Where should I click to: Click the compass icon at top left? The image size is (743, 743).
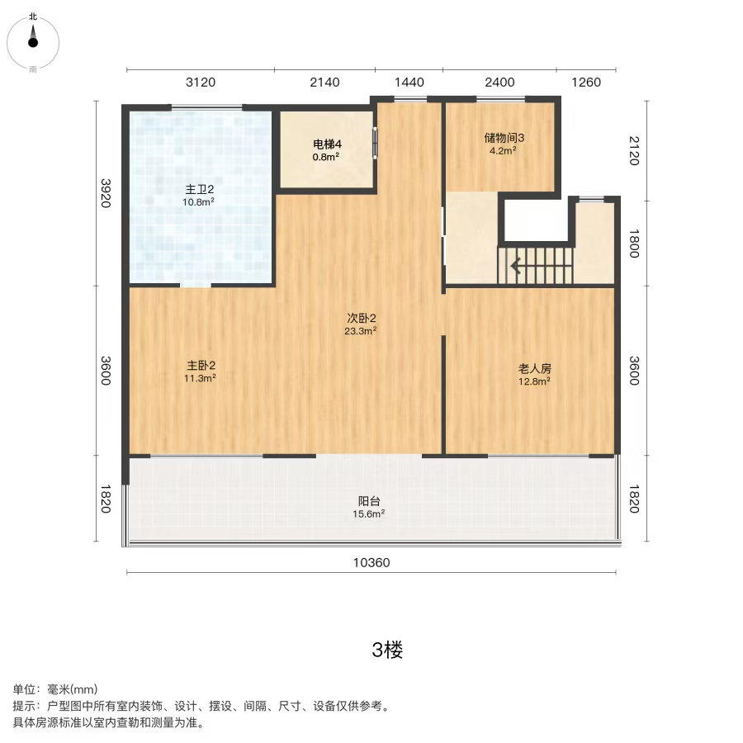pyautogui.click(x=33, y=43)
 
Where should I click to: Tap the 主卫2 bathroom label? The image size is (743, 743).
pyautogui.click(x=199, y=190)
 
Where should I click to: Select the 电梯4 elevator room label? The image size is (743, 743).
pyautogui.click(x=327, y=144)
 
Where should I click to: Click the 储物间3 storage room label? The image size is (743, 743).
pyautogui.click(x=504, y=138)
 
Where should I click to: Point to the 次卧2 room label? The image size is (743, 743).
pyautogui.click(x=361, y=318)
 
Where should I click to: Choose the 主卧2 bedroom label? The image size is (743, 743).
pyautogui.click(x=201, y=366)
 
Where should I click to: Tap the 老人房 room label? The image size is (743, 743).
pyautogui.click(x=534, y=369)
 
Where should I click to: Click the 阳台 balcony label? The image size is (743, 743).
pyautogui.click(x=369, y=501)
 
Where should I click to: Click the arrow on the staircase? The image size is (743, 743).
pyautogui.click(x=516, y=267)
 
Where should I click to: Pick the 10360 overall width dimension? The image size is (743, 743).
pyautogui.click(x=371, y=562)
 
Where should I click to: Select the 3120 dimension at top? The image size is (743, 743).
pyautogui.click(x=201, y=83)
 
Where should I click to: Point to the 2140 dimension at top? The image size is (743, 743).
pyautogui.click(x=324, y=83)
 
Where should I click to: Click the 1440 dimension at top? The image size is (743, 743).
pyautogui.click(x=409, y=83)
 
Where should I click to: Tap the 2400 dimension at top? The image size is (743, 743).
pyautogui.click(x=499, y=83)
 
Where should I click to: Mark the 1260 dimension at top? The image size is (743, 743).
pyautogui.click(x=586, y=83)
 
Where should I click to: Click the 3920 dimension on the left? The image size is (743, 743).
pyautogui.click(x=106, y=193)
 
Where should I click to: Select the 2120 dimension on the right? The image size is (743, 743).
pyautogui.click(x=634, y=151)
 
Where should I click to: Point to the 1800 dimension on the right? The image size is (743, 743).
pyautogui.click(x=634, y=244)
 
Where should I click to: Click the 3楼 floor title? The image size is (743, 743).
pyautogui.click(x=387, y=650)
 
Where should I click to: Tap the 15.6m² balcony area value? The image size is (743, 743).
pyautogui.click(x=369, y=514)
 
